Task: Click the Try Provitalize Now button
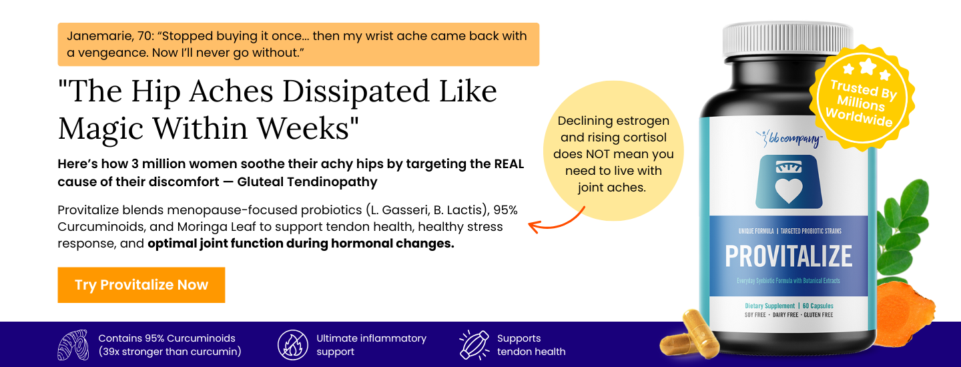pyautogui.click(x=141, y=285)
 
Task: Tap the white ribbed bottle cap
pyautogui.click(x=787, y=39)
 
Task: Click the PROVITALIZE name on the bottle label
pyautogui.click(x=789, y=256)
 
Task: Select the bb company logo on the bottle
pyautogui.click(x=789, y=139)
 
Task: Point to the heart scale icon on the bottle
pyautogui.click(x=789, y=181)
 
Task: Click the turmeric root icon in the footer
pyautogui.click(x=73, y=345)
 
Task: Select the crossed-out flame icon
pyautogui.click(x=292, y=345)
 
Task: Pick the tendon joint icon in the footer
pyautogui.click(x=474, y=345)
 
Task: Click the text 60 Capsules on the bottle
pyautogui.click(x=818, y=306)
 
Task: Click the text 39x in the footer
pyautogui.click(x=109, y=352)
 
